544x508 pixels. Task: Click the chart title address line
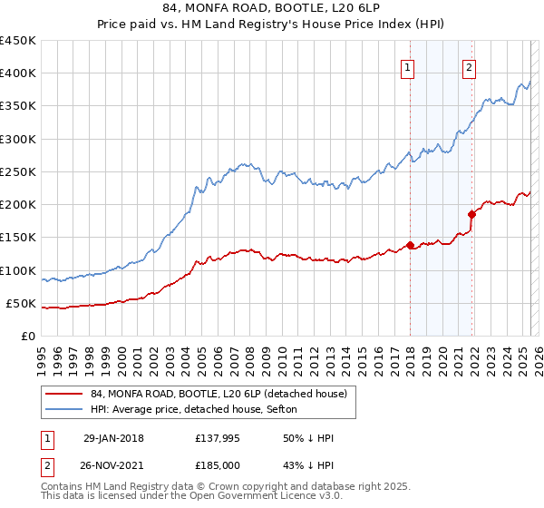pyautogui.click(x=272, y=9)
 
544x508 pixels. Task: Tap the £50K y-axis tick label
pyautogui.click(x=21, y=304)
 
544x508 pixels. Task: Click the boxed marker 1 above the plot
pyautogui.click(x=407, y=66)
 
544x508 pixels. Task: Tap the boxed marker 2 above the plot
pyautogui.click(x=470, y=66)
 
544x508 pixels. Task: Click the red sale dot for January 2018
pyautogui.click(x=410, y=245)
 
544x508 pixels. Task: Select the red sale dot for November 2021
pyautogui.click(x=471, y=214)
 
